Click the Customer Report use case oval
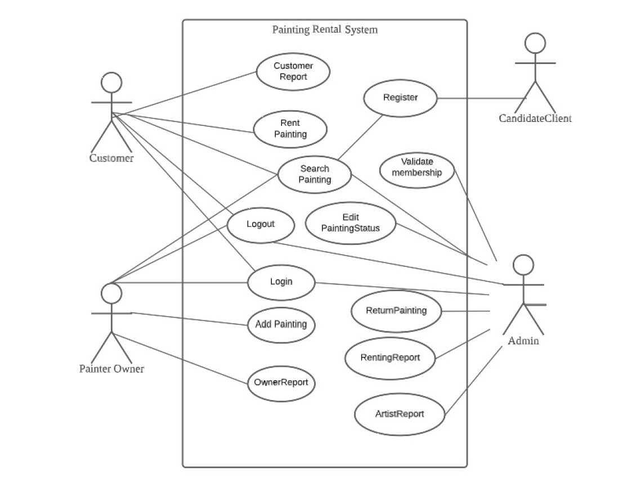(x=293, y=72)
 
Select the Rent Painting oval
(x=290, y=129)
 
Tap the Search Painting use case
(x=315, y=174)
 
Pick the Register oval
(x=400, y=98)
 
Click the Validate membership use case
(x=417, y=170)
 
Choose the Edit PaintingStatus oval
(x=351, y=223)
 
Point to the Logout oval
(x=261, y=225)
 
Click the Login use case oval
(x=281, y=283)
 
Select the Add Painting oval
(x=281, y=325)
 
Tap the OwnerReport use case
(x=281, y=383)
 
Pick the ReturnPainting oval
(x=396, y=311)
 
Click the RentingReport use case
(x=390, y=358)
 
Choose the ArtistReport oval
(x=400, y=414)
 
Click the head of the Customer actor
(x=111, y=83)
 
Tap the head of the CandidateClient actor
(x=535, y=43)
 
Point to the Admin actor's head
(x=523, y=265)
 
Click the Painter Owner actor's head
(x=111, y=293)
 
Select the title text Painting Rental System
(x=325, y=30)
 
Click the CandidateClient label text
(x=535, y=119)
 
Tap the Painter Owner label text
(x=111, y=369)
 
